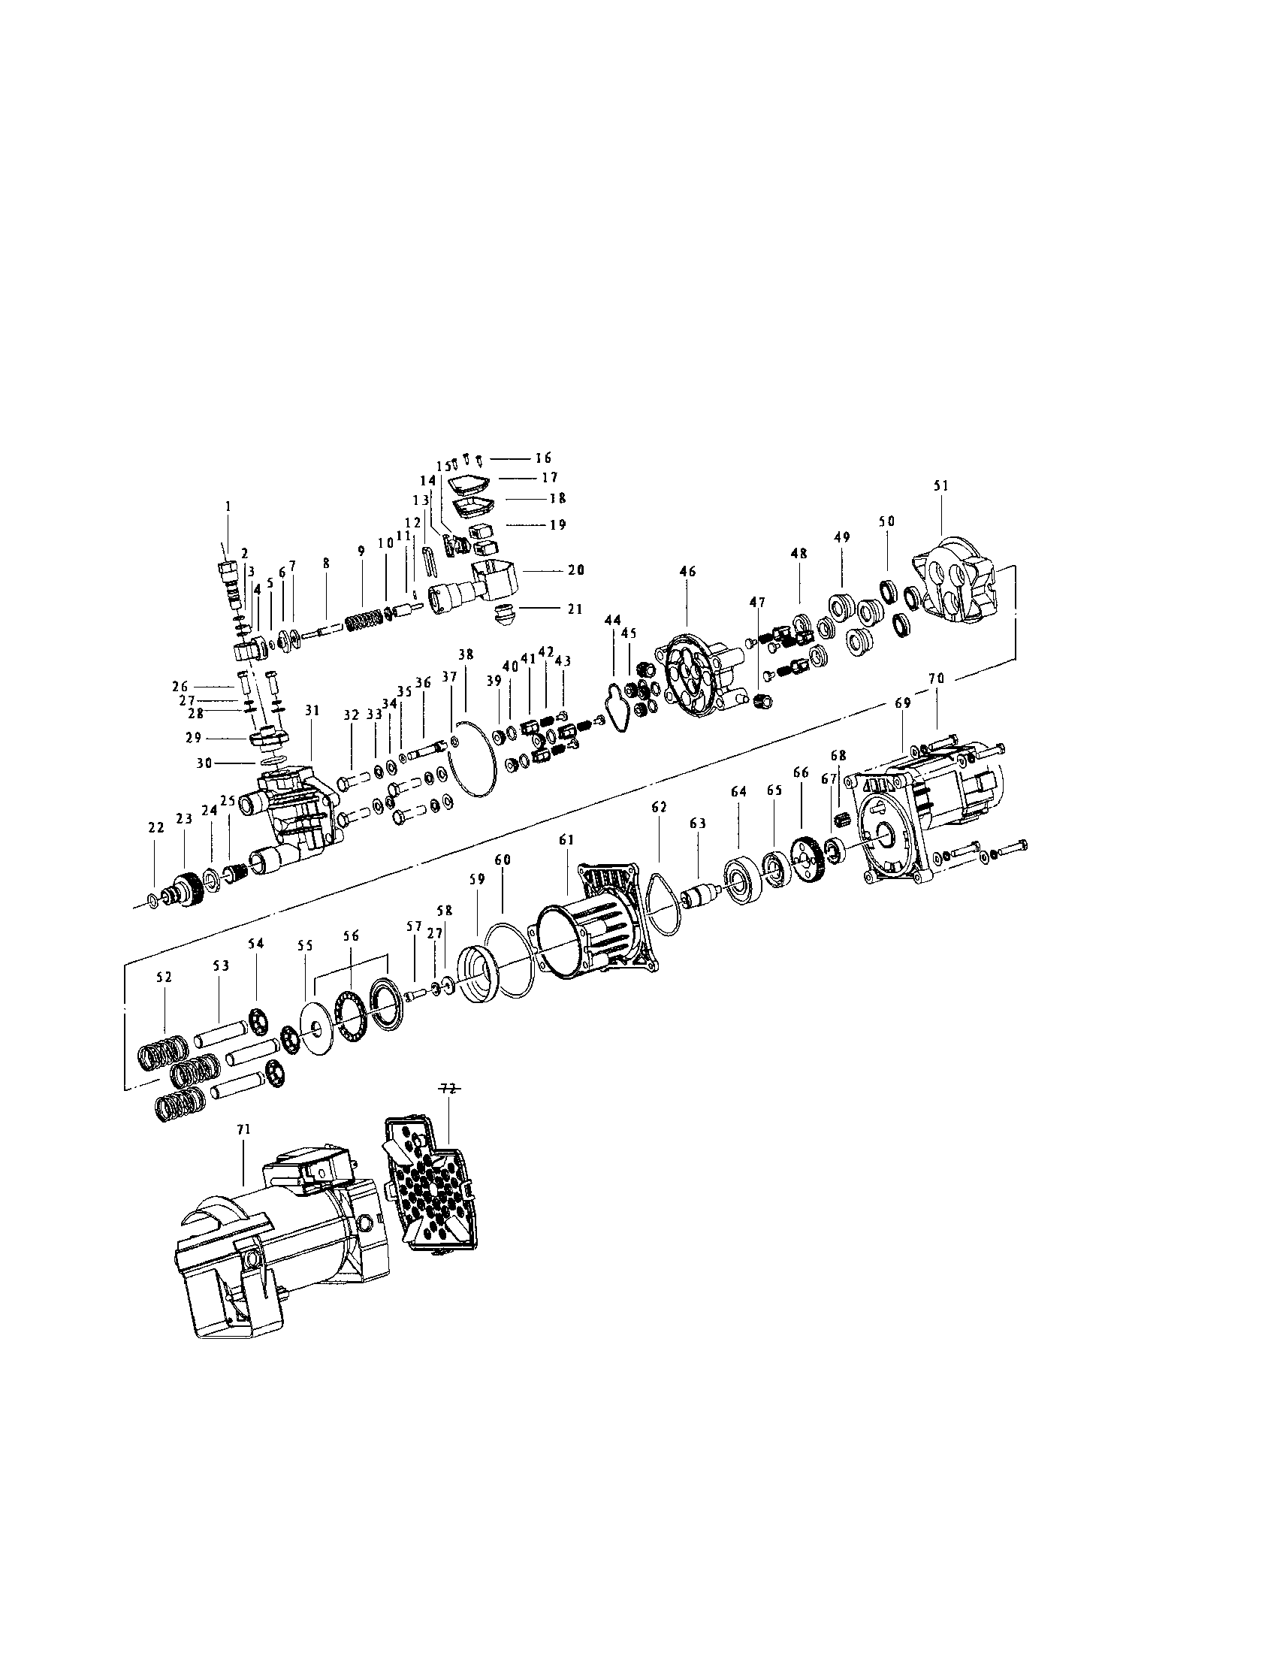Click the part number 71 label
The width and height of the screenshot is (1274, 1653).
[x=243, y=1150]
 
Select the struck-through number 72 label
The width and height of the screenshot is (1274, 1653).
[x=448, y=1088]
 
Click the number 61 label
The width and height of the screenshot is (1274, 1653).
[x=566, y=840]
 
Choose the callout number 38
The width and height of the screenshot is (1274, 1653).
[x=466, y=653]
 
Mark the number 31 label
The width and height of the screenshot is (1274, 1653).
[x=312, y=711]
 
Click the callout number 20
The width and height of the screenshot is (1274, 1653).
[x=575, y=571]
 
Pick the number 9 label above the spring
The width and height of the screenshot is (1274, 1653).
[x=361, y=564]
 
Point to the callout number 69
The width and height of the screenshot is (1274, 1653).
[x=903, y=703]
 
